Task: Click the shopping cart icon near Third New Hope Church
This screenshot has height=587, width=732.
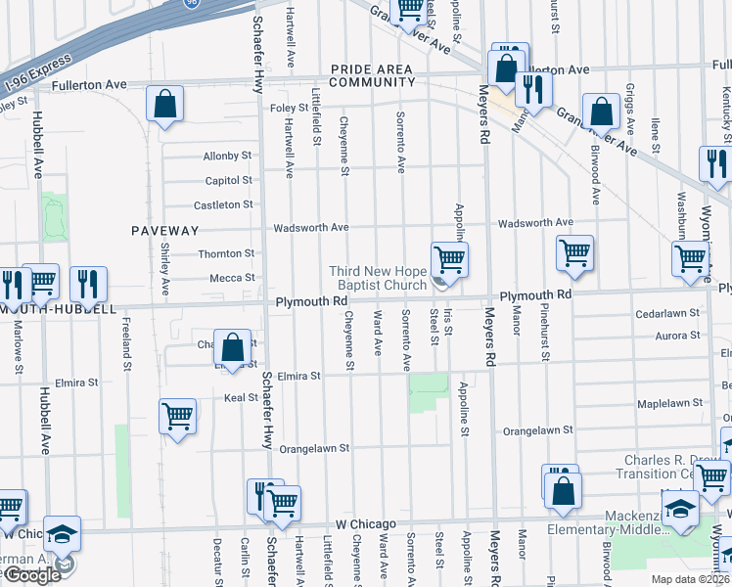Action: coord(449,260)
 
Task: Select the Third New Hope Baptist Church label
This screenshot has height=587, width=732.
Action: coord(378,278)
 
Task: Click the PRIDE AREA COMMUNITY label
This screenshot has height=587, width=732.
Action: coord(372,75)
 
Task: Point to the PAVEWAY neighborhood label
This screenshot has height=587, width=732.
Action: coord(165,231)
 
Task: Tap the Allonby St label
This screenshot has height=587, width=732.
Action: coord(227,157)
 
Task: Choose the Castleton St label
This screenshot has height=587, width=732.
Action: coord(223,204)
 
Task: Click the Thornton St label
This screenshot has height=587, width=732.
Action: coord(226,253)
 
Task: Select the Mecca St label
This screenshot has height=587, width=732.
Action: coord(232,278)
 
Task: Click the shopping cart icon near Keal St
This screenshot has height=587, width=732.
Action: coord(177,415)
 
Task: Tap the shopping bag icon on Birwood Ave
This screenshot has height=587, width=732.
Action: coord(600,112)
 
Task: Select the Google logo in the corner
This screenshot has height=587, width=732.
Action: coord(32,575)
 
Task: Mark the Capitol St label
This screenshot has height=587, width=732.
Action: coord(228,181)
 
